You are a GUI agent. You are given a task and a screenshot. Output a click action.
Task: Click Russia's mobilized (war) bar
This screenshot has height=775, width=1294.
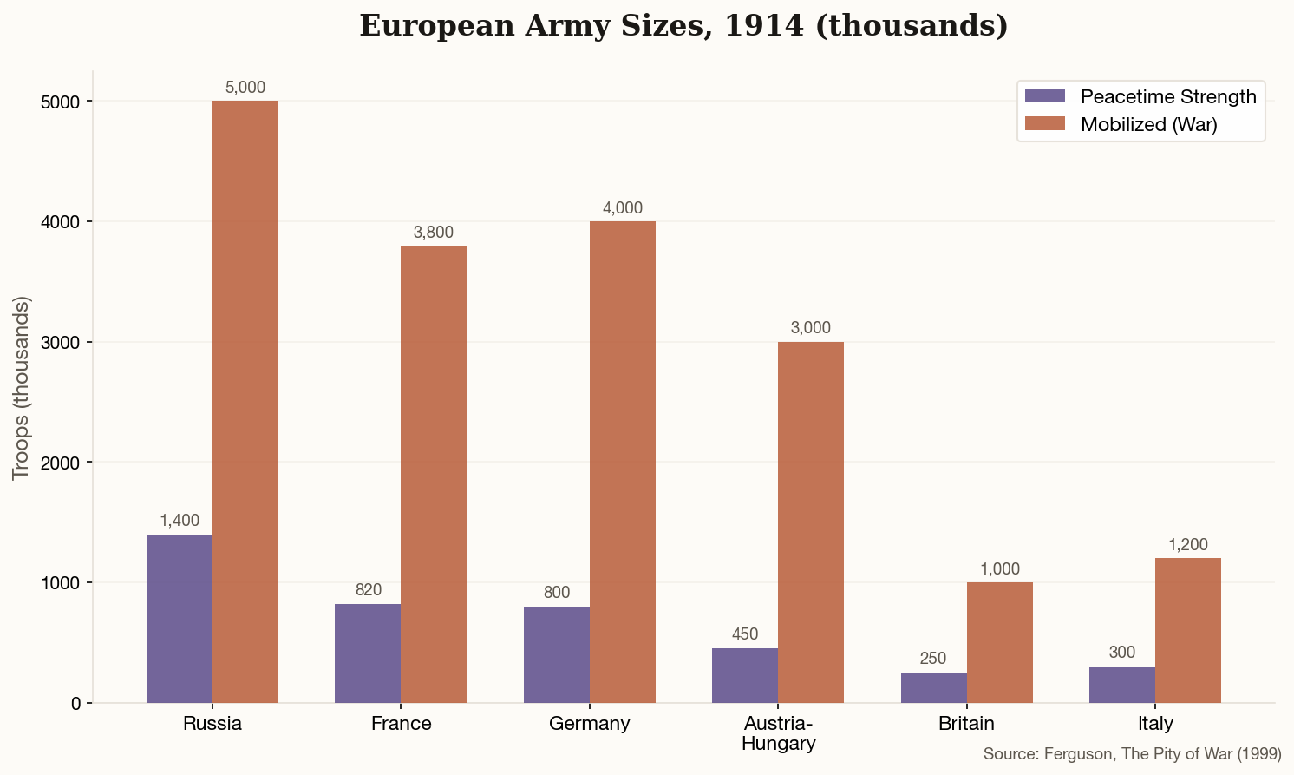(x=245, y=402)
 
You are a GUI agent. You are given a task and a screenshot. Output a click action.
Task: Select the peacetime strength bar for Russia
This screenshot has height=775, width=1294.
(x=180, y=619)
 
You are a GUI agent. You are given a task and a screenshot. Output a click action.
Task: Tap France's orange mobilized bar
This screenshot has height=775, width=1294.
(x=434, y=474)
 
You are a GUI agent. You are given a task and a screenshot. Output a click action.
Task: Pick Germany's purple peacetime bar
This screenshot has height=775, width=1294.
(x=557, y=654)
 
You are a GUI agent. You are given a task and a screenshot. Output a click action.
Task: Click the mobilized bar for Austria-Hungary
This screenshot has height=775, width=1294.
(x=811, y=522)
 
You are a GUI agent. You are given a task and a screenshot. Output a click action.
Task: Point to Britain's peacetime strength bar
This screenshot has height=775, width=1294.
(x=934, y=687)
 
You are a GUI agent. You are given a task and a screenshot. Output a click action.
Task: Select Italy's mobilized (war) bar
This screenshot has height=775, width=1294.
(x=1188, y=630)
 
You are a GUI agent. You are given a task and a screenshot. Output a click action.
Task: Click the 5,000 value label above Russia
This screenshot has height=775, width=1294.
(x=245, y=88)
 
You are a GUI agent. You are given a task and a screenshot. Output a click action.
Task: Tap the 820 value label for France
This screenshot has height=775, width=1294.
(x=369, y=590)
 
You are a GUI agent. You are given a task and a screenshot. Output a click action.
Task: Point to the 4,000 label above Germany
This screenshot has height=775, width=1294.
(x=623, y=208)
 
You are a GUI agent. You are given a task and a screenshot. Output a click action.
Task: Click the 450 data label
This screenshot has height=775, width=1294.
(x=745, y=634)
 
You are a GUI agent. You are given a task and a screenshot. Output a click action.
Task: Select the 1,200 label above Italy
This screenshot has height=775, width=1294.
(x=1188, y=545)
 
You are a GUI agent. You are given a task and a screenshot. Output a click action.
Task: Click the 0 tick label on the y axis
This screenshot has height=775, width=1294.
(x=76, y=703)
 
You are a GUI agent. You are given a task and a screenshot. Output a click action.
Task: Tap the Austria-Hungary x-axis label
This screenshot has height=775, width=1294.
(x=778, y=733)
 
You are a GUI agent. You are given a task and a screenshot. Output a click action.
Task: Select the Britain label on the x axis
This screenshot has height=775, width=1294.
(x=966, y=724)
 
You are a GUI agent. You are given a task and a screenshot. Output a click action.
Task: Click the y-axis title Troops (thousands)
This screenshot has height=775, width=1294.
(x=22, y=388)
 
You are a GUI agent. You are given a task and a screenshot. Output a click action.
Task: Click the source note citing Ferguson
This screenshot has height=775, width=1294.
(x=1132, y=754)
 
